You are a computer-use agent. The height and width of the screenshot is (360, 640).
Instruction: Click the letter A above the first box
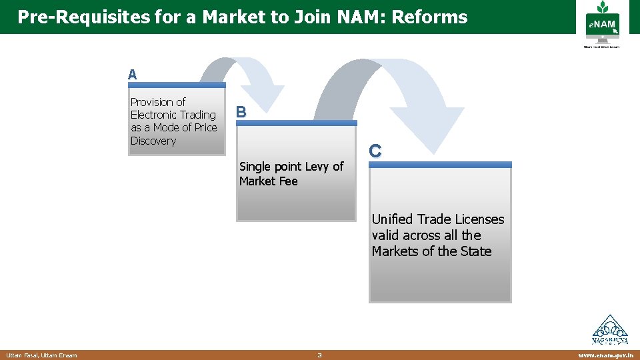pyautogui.click(x=133, y=75)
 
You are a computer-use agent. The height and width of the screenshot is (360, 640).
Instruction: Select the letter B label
pyautogui.click(x=241, y=113)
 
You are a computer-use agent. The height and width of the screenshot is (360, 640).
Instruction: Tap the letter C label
pyautogui.click(x=375, y=151)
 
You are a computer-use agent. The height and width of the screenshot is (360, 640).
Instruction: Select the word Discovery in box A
pyautogui.click(x=153, y=141)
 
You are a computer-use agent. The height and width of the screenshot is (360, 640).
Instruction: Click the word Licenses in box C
pyautogui.click(x=480, y=219)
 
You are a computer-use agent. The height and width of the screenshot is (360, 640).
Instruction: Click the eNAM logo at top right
pyautogui.click(x=601, y=27)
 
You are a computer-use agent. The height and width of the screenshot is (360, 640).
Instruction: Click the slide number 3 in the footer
pyautogui.click(x=319, y=355)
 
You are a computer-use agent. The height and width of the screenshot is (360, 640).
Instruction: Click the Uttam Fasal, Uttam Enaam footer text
pyautogui.click(x=41, y=355)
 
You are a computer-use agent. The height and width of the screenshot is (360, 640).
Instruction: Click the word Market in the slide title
pyautogui.click(x=233, y=17)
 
